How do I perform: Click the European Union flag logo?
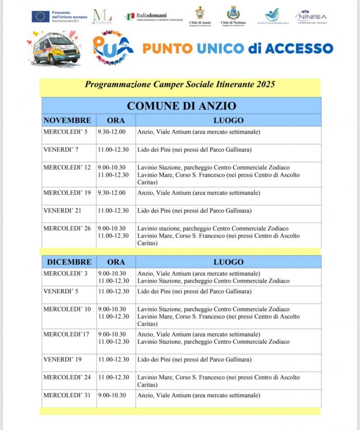click(x=40, y=16)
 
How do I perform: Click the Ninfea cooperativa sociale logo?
click(x=312, y=17)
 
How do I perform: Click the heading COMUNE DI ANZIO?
click(x=182, y=106)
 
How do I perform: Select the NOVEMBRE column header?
click(x=67, y=121)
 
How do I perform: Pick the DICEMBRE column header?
click(x=69, y=262)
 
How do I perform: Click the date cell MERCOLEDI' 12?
click(x=67, y=167)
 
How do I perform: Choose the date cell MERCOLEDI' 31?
click(x=67, y=395)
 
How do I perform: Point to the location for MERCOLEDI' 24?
click(x=218, y=381)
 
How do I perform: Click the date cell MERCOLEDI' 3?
click(x=65, y=273)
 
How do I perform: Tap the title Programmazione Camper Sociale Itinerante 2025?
click(x=180, y=84)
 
